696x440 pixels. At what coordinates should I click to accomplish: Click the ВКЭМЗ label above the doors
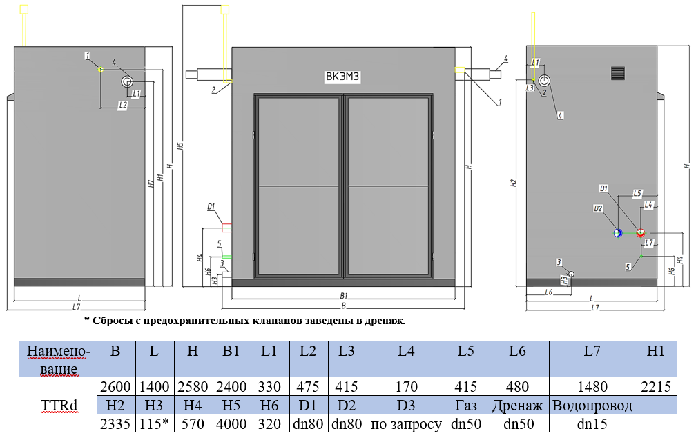pos(342,77)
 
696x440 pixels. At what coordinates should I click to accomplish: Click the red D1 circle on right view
pos(640,232)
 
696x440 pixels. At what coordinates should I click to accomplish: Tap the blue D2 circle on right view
pos(619,233)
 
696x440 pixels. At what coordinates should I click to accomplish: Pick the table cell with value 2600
pos(115,387)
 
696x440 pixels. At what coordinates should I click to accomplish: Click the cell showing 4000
pos(231,423)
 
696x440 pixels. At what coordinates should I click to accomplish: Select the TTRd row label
pos(58,406)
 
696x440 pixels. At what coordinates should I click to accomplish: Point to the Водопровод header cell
pos(592,406)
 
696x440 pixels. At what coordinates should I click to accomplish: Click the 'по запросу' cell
pos(406,423)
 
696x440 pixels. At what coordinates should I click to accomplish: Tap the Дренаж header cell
pos(518,406)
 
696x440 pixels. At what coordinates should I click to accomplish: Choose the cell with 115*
pos(154,423)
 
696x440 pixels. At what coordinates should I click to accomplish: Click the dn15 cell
pos(592,423)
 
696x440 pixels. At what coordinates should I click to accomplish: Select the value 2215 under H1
pos(655,387)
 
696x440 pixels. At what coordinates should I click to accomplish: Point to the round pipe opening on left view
pos(127,81)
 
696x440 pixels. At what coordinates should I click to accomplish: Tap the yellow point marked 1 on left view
pos(100,70)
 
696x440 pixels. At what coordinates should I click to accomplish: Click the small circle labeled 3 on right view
pos(571,274)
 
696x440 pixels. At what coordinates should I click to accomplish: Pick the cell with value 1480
pos(592,387)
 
